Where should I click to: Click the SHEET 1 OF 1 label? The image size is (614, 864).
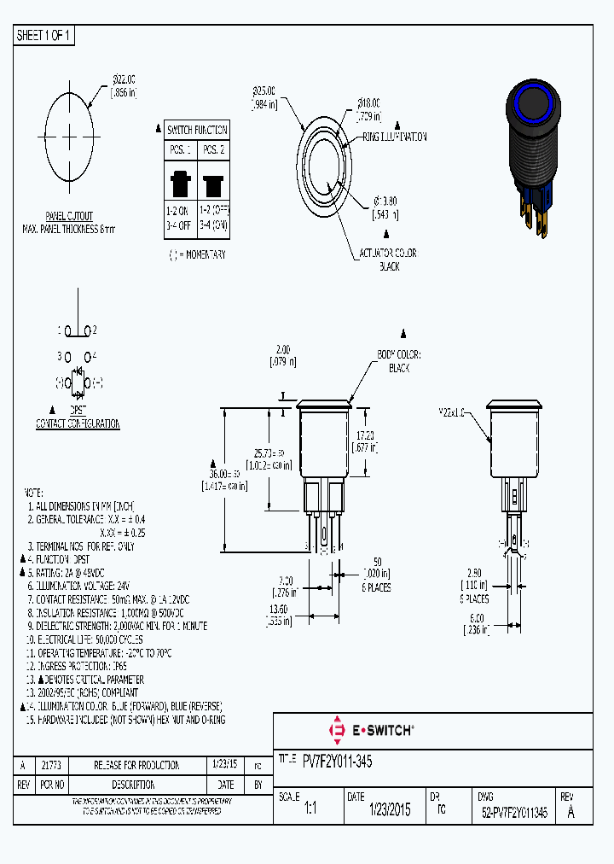point(45,36)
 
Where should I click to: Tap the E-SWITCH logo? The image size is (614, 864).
point(370,731)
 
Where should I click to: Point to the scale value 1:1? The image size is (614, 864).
point(310,810)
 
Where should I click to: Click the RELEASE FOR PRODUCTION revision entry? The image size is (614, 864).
point(136,765)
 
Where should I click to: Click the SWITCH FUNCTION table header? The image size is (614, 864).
point(197,130)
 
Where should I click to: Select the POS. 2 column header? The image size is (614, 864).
point(212,150)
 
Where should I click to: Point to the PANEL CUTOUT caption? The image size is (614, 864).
point(69,217)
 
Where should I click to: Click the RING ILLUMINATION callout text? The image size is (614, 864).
point(395,137)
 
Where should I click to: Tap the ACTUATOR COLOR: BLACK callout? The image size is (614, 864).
point(389,260)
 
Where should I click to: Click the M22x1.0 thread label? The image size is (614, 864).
point(453,412)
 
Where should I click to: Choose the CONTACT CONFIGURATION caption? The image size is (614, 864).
point(77,423)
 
